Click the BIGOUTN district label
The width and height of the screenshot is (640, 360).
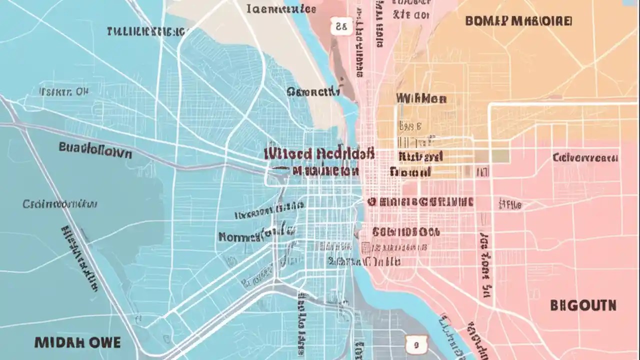coord(583,305)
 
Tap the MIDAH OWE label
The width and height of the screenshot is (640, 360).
coord(77,342)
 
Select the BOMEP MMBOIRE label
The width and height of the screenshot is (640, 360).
coord(518,21)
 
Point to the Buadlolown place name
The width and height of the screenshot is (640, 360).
coord(95,149)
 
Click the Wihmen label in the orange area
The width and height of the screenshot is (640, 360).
coord(421,98)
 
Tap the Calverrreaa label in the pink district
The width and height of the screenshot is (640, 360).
coord(585,158)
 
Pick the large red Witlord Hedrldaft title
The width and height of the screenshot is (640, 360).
coord(318,153)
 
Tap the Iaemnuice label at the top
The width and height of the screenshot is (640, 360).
coord(281,8)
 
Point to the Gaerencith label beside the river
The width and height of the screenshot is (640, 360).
coord(313,91)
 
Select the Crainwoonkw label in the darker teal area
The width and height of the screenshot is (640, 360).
coord(60,204)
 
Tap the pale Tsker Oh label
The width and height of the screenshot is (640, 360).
coord(63,91)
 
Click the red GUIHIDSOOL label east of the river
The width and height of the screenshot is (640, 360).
coord(405,232)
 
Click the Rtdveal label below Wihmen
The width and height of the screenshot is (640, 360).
coord(420,156)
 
